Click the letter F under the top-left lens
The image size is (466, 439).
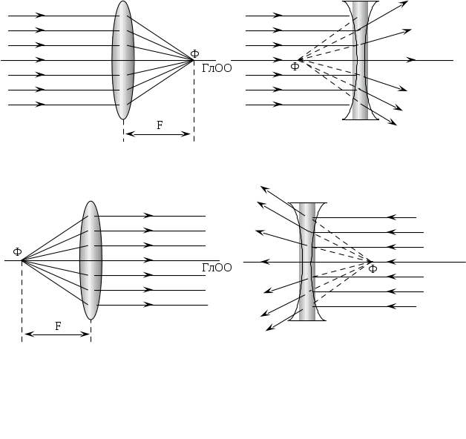[160, 125]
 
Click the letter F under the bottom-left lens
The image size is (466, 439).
[58, 326]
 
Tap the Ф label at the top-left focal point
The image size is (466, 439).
[194, 54]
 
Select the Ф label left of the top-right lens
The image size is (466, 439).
[295, 67]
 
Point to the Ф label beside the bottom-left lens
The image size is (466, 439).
[18, 252]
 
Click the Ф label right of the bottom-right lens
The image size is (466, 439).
[373, 268]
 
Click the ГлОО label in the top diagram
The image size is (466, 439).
[217, 68]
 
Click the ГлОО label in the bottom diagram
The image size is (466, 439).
[217, 268]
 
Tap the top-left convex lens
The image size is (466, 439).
[123, 60]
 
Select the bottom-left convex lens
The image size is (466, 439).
[91, 260]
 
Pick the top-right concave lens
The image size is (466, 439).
[361, 60]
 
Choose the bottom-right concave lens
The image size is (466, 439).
[307, 262]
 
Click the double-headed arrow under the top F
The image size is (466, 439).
[158, 134]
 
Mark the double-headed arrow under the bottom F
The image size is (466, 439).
[57, 334]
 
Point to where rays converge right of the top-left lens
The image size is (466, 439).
[193, 60]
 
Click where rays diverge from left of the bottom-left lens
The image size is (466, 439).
[22, 260]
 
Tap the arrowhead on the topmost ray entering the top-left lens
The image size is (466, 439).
[40, 15]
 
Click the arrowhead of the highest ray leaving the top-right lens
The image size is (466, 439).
[404, 3]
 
